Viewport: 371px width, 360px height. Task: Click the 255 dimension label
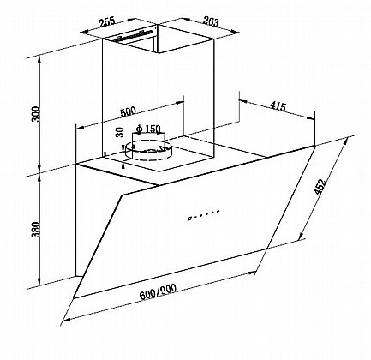107,22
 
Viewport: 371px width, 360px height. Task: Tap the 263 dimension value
211,21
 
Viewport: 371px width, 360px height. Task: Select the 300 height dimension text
36,114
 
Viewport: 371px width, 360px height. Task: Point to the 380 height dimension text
36,230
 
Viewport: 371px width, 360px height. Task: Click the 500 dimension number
128,111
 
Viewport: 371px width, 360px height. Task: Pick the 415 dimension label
278,106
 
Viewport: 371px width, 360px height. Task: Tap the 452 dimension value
320,187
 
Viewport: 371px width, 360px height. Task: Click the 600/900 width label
158,291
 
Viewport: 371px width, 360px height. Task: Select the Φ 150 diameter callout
148,129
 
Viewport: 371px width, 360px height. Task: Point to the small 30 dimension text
120,132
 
